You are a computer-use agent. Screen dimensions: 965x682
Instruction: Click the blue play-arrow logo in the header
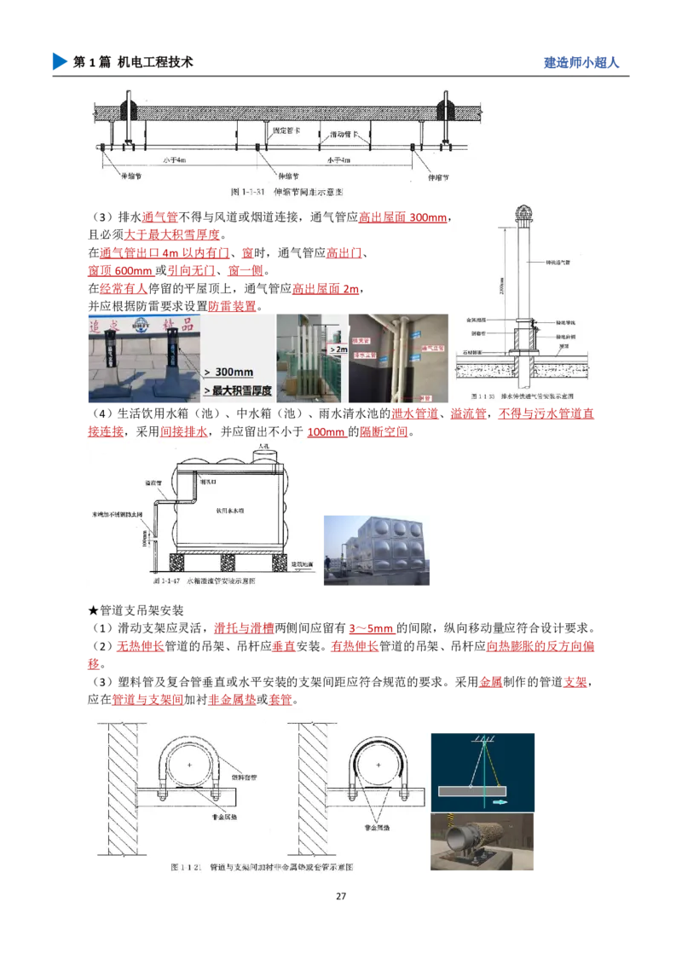point(59,61)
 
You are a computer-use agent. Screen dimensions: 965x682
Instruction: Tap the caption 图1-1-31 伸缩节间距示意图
point(286,193)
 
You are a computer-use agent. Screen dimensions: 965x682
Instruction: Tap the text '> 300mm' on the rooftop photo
point(230,373)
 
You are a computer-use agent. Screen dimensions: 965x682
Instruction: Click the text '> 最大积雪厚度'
point(237,390)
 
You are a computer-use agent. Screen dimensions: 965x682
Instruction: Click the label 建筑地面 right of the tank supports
point(303,564)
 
